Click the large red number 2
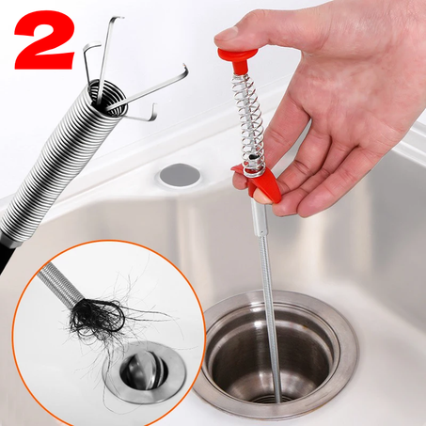(45, 39)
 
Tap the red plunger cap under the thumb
(238, 59)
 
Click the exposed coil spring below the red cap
(249, 122)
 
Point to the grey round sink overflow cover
(180, 175)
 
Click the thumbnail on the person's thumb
(227, 34)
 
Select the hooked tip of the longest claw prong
(185, 71)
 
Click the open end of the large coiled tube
(107, 98)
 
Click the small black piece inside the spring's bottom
(252, 158)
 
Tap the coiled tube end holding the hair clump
(59, 285)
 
